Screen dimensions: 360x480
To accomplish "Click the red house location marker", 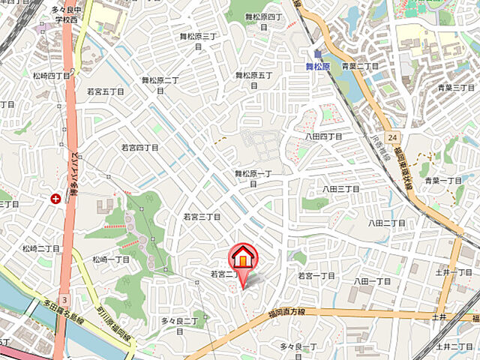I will (242, 259).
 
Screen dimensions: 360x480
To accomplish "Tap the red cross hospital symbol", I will (55, 199).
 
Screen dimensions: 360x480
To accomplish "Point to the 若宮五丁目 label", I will (106, 91).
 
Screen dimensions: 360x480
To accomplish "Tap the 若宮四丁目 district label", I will (140, 148).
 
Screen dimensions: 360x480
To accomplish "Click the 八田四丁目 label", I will (323, 136).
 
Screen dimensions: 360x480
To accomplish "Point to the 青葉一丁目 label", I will (442, 181).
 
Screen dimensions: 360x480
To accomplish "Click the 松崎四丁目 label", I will (51, 76).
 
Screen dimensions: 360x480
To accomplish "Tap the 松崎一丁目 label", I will (111, 259).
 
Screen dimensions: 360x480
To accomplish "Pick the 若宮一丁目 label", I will (316, 276).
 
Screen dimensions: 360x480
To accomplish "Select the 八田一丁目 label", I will (373, 280).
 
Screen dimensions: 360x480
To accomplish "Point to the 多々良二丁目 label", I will (179, 321).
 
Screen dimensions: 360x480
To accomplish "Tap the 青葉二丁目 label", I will (361, 66).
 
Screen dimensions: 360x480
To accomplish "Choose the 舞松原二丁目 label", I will (160, 81).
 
